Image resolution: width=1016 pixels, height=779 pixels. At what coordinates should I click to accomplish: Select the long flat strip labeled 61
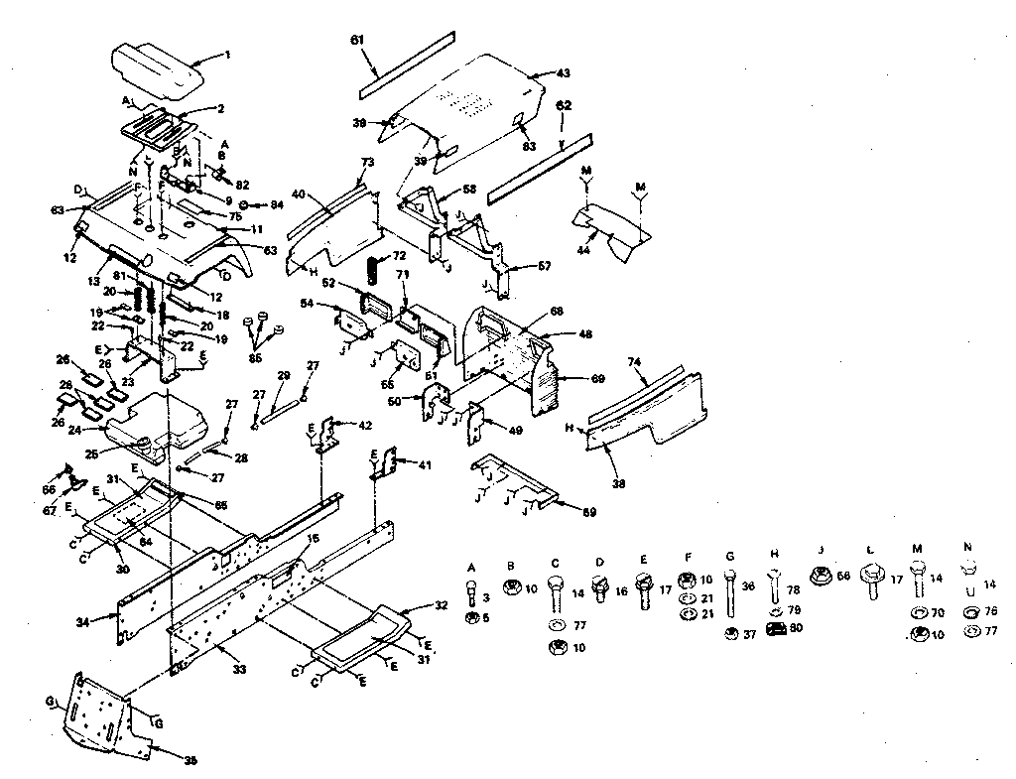pyautogui.click(x=407, y=66)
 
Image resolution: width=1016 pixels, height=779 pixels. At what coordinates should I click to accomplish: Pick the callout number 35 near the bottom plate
pyautogui.click(x=191, y=759)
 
